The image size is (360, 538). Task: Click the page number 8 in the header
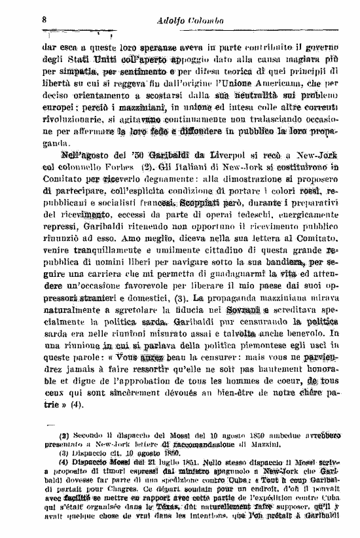click(x=43, y=19)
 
